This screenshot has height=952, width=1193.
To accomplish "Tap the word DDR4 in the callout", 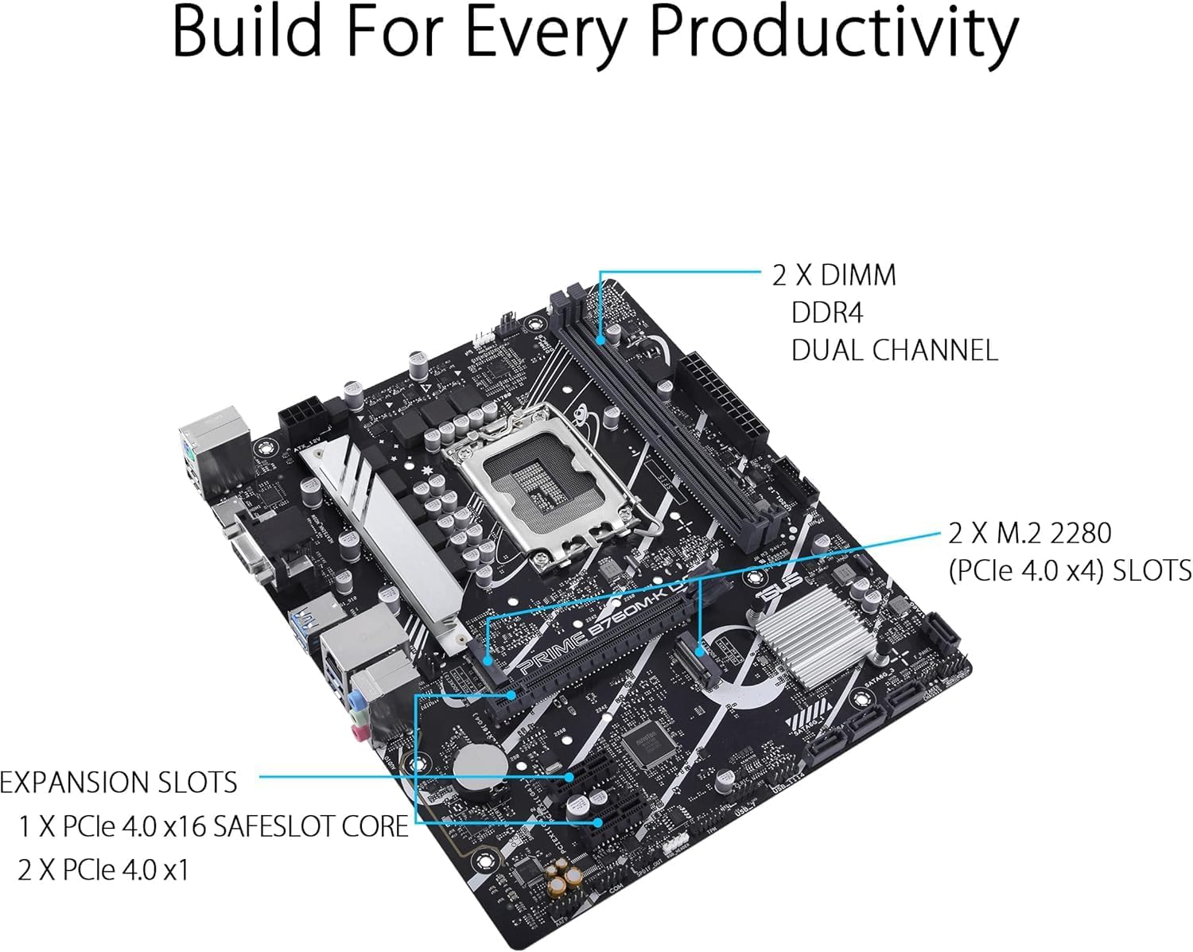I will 826,313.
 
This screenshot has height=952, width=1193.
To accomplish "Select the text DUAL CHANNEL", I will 894,350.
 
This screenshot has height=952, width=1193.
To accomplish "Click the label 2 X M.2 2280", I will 1029,533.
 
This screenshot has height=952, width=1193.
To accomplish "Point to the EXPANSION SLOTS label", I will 119,783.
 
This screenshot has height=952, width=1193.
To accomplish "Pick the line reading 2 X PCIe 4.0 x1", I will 103,869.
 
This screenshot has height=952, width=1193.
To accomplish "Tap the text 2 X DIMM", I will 834,275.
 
